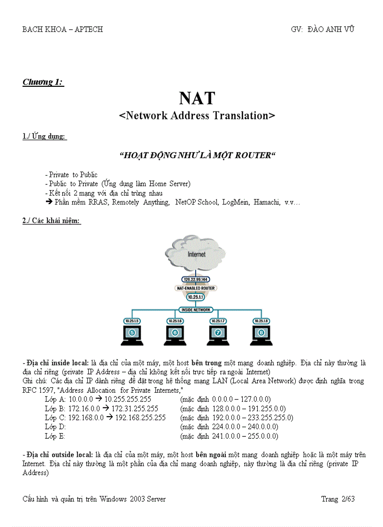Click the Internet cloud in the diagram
196,254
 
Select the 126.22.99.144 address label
196,279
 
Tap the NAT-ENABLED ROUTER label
196,288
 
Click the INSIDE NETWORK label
196,310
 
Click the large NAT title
197,98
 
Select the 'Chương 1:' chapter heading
43,83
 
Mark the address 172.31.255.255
135,408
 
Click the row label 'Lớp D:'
55,427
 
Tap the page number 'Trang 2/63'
338,499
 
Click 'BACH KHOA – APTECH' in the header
62,29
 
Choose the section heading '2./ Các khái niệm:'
52,221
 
